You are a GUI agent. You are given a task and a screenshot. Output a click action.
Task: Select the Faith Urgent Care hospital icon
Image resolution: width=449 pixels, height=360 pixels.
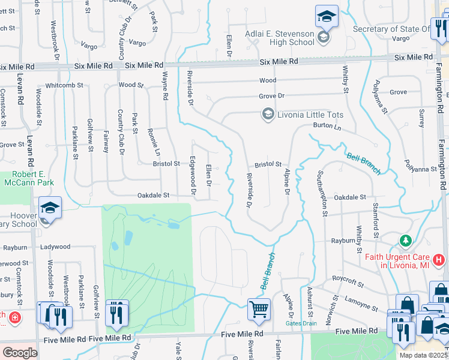439,260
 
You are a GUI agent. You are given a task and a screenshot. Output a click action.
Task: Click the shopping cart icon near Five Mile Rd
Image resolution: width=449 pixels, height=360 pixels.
259,310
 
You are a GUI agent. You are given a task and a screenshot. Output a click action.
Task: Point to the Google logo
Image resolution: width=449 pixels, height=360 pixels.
20,352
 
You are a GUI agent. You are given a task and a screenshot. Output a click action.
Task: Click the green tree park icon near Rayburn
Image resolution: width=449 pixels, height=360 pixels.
406,241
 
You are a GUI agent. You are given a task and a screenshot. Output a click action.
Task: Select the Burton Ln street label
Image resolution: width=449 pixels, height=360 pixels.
327,126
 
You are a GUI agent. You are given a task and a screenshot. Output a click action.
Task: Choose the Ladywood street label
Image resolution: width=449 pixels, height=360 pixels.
55,247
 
